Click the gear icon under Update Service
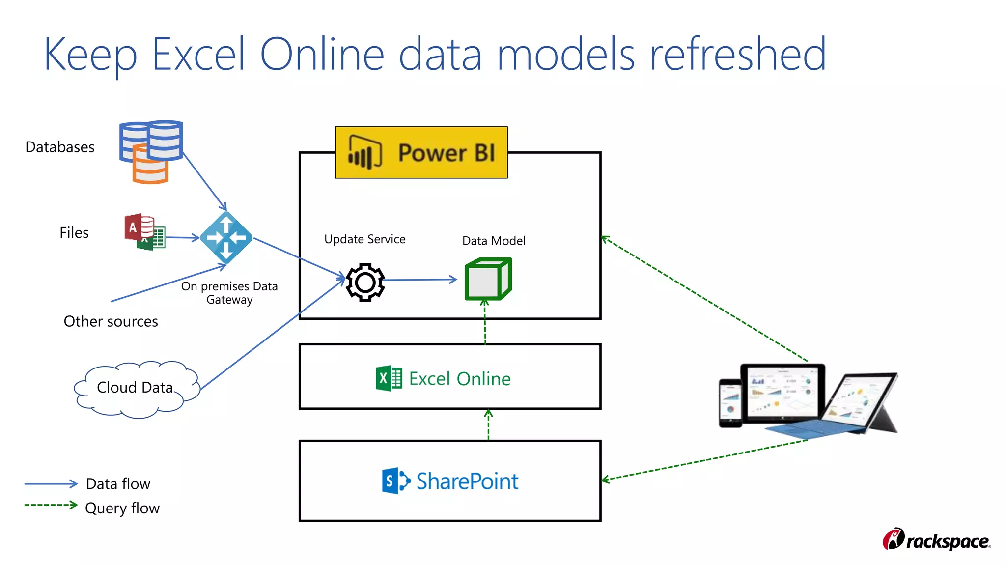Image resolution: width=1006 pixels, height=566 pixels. (x=365, y=282)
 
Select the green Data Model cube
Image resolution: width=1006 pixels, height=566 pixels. (x=488, y=279)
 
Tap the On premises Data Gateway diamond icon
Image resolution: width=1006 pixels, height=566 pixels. (x=226, y=238)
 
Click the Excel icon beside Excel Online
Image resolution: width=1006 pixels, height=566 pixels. (x=389, y=378)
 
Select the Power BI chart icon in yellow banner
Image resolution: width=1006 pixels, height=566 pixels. (x=364, y=152)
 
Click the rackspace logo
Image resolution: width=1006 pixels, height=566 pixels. (x=936, y=539)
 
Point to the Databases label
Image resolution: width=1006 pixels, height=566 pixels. (x=60, y=147)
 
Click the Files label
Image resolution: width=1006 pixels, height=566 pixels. (x=74, y=232)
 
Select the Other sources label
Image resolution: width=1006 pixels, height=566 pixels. (x=111, y=321)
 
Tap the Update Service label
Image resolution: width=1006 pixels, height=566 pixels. (x=365, y=239)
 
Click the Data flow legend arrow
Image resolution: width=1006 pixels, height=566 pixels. (x=51, y=484)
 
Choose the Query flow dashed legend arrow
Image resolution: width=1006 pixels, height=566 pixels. (x=51, y=505)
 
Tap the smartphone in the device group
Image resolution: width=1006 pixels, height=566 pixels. (x=730, y=403)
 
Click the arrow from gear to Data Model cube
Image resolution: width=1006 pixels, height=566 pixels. (x=420, y=280)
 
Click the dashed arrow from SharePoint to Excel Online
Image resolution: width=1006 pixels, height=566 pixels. (x=488, y=424)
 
